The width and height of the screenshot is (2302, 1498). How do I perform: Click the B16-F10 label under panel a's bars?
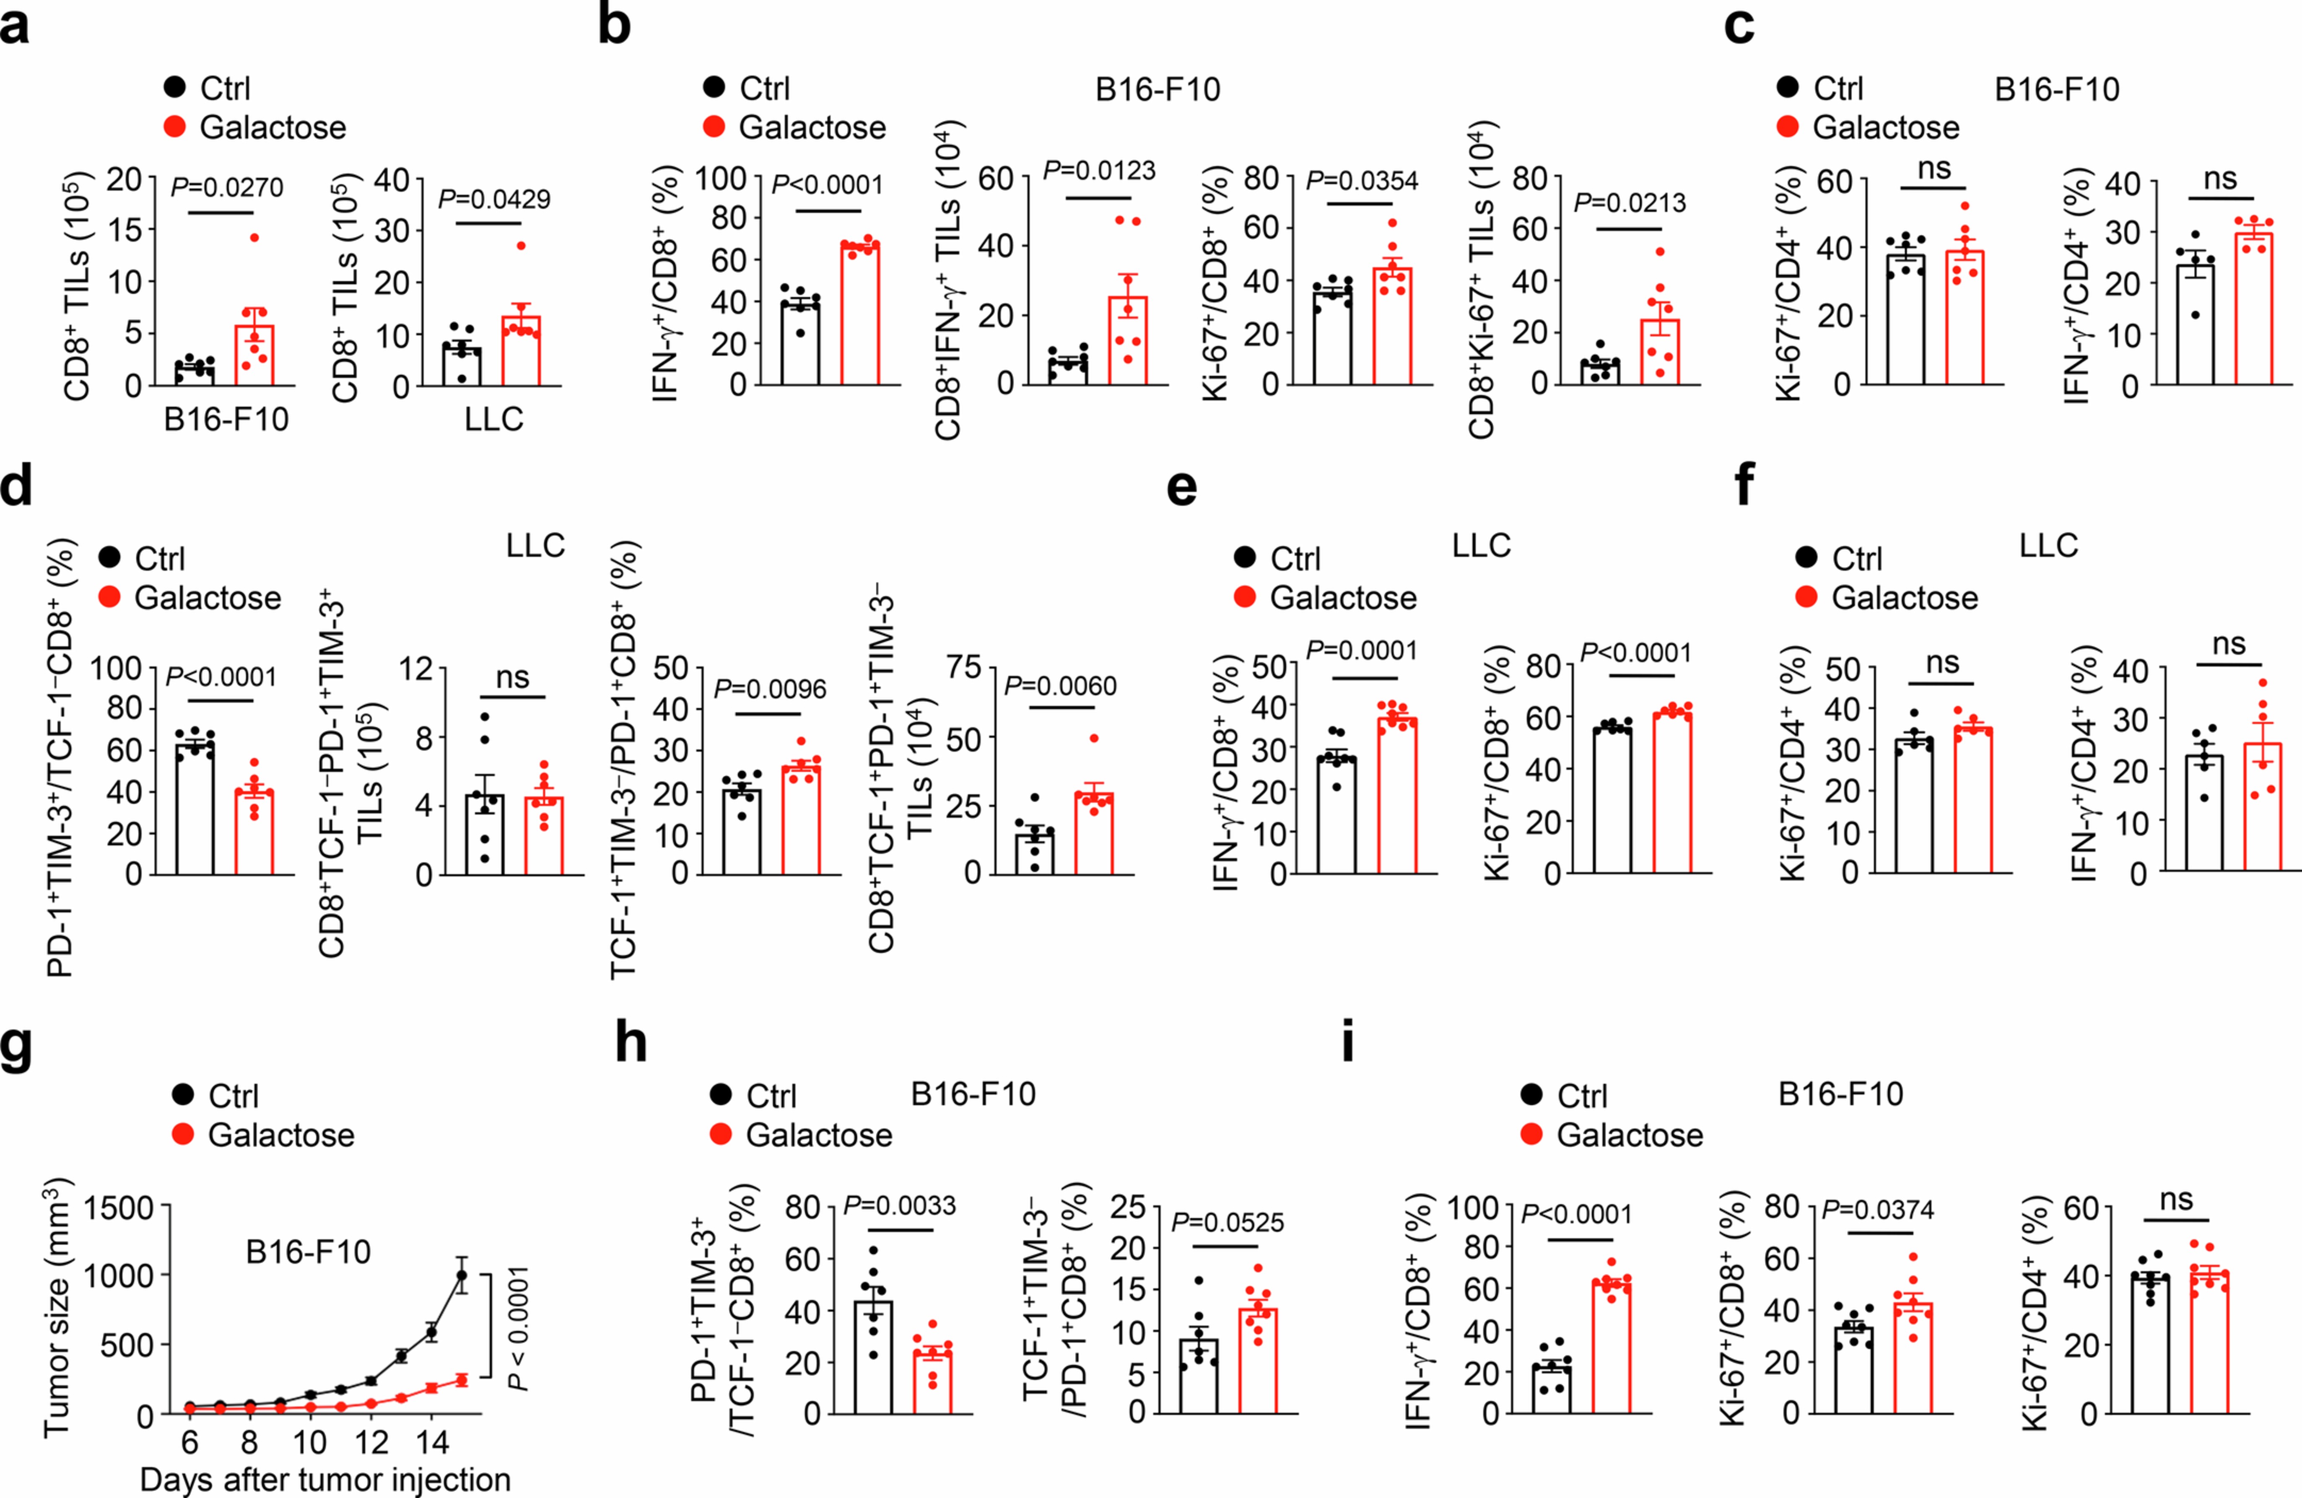pos(226,420)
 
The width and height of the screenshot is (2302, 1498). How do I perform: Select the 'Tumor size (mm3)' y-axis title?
pos(56,1307)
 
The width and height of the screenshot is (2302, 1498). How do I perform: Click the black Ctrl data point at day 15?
pos(462,1275)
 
